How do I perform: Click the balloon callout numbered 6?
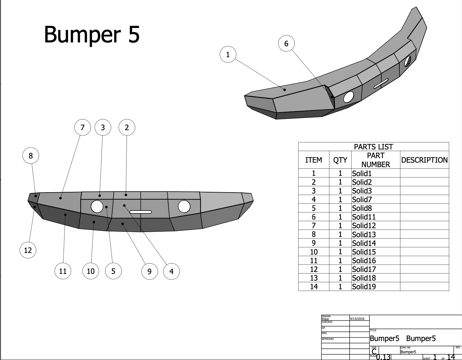(x=286, y=44)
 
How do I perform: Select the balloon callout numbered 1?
(x=228, y=54)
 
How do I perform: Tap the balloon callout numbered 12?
(x=28, y=250)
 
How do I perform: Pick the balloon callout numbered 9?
(x=149, y=272)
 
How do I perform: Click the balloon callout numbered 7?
(x=82, y=128)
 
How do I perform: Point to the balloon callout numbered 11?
(x=63, y=271)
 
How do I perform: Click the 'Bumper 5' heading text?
(x=92, y=34)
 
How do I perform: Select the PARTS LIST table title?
(x=373, y=147)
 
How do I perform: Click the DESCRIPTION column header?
(x=424, y=160)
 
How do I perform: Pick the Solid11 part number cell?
(x=364, y=217)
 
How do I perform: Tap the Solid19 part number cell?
(x=364, y=287)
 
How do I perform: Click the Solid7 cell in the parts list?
(x=362, y=200)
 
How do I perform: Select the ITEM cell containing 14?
(x=314, y=287)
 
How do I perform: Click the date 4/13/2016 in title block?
(x=357, y=319)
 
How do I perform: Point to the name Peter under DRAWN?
(x=325, y=319)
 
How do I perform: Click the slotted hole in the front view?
(x=140, y=212)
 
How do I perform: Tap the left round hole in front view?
(x=97, y=206)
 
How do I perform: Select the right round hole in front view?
(x=184, y=206)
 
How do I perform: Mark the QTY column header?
(x=340, y=160)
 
